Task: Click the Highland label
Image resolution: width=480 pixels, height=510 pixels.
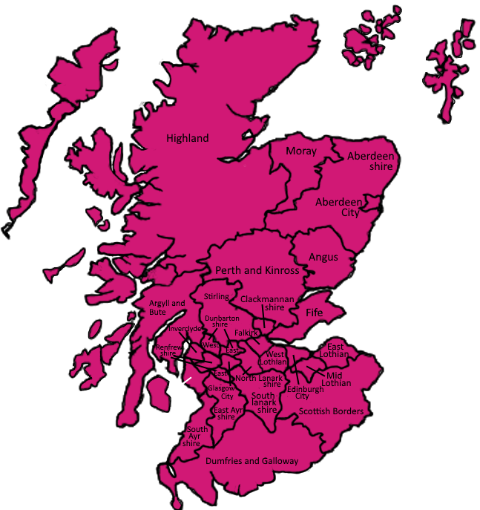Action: tap(187, 138)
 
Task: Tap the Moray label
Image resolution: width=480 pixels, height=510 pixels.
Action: tap(301, 151)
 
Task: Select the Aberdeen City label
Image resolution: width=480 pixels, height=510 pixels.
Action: tap(338, 207)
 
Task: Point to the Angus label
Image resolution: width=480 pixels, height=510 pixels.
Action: tap(323, 257)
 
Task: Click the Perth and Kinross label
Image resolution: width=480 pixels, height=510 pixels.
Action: tap(257, 270)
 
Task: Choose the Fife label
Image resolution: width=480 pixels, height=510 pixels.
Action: tap(315, 313)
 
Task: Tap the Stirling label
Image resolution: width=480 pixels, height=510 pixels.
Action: tap(216, 297)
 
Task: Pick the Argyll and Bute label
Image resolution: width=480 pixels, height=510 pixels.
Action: tap(167, 307)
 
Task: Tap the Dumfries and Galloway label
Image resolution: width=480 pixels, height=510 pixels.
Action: tap(251, 461)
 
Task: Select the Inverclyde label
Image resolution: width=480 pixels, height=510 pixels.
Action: tap(185, 329)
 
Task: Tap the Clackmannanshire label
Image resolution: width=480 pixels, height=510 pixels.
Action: tap(264, 303)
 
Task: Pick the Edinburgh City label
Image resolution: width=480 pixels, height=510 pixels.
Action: tap(305, 392)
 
